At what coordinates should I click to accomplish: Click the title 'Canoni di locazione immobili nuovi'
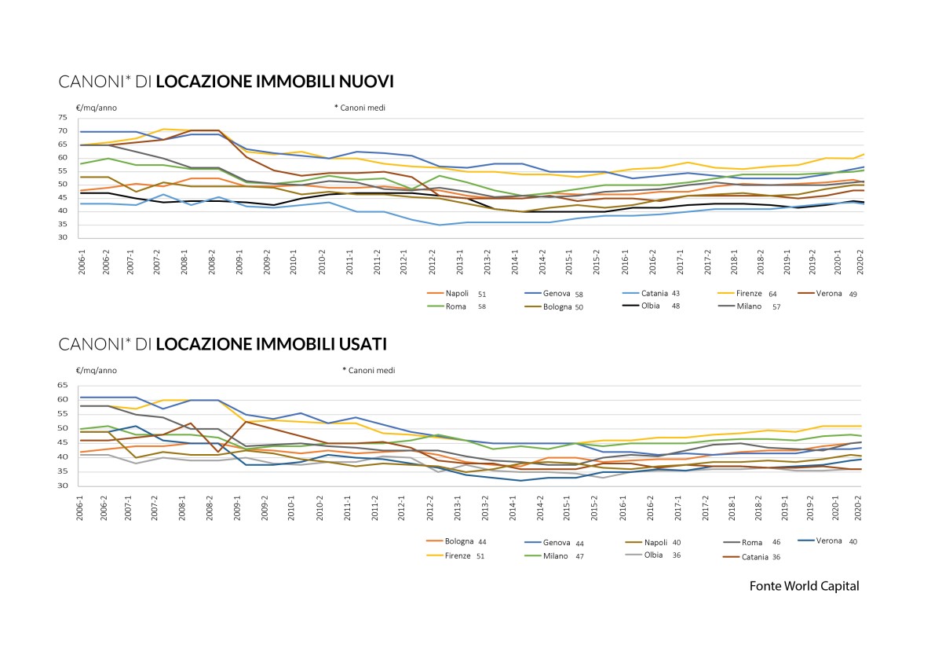[x=226, y=82]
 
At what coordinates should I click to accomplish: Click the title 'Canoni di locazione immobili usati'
[x=223, y=344]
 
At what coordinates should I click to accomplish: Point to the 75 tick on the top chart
[x=63, y=118]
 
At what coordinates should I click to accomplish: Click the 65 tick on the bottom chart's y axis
[x=63, y=386]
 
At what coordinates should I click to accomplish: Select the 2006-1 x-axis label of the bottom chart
[x=80, y=508]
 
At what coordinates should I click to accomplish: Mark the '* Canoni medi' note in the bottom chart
[x=369, y=370]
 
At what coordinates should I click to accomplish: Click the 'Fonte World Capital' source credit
[x=804, y=586]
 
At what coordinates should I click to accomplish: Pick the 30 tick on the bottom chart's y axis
[x=63, y=486]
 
